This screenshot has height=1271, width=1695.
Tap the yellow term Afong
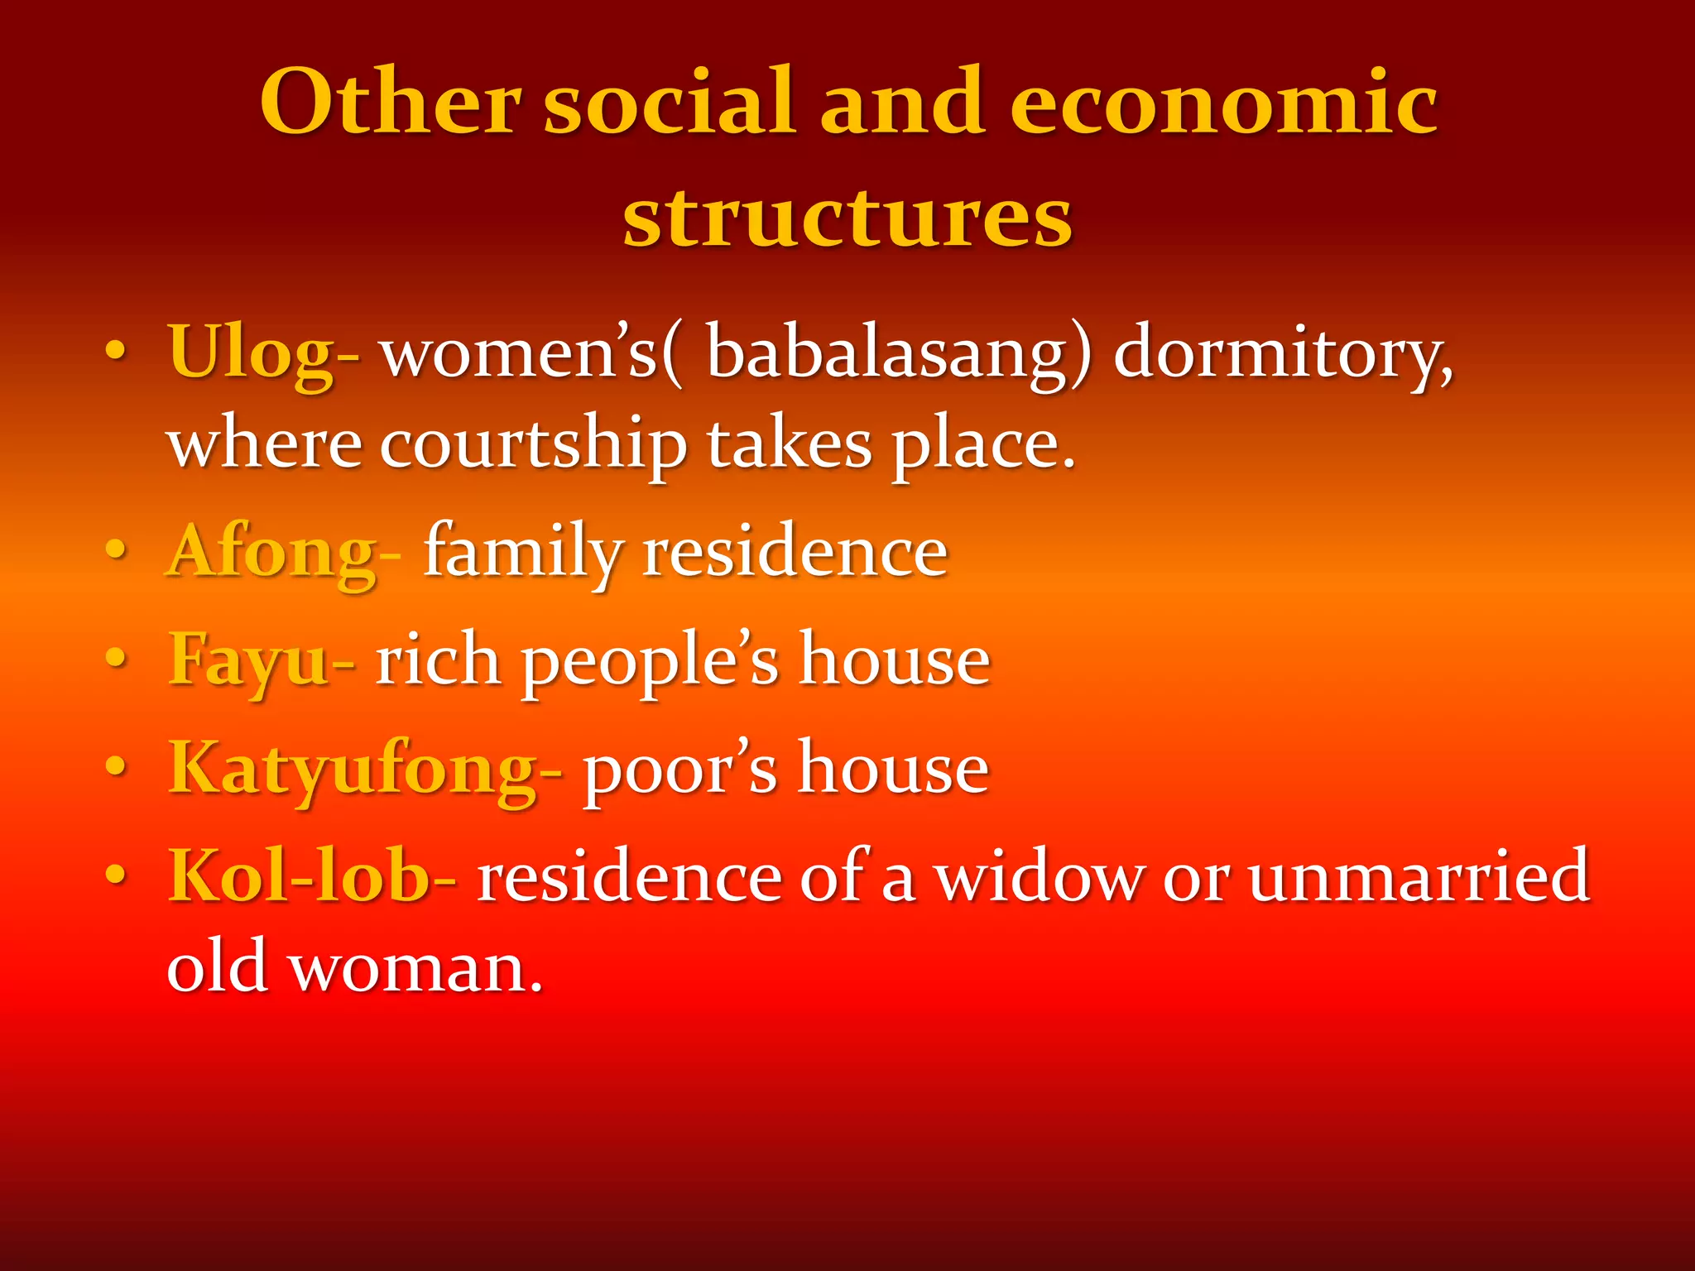click(x=273, y=553)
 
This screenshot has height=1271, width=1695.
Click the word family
click(x=523, y=553)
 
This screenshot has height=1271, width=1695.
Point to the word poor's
click(x=680, y=770)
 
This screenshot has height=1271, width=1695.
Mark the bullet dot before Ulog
click(x=117, y=353)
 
